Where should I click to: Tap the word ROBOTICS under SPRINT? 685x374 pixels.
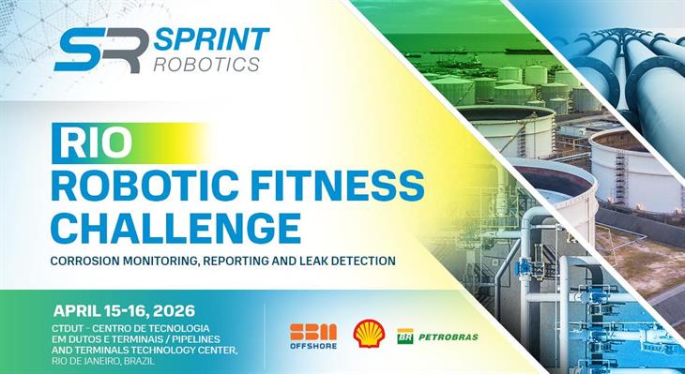tap(207, 65)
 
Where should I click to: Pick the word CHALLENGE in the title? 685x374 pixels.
tap(176, 226)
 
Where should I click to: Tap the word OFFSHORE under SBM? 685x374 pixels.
tap(312, 347)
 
